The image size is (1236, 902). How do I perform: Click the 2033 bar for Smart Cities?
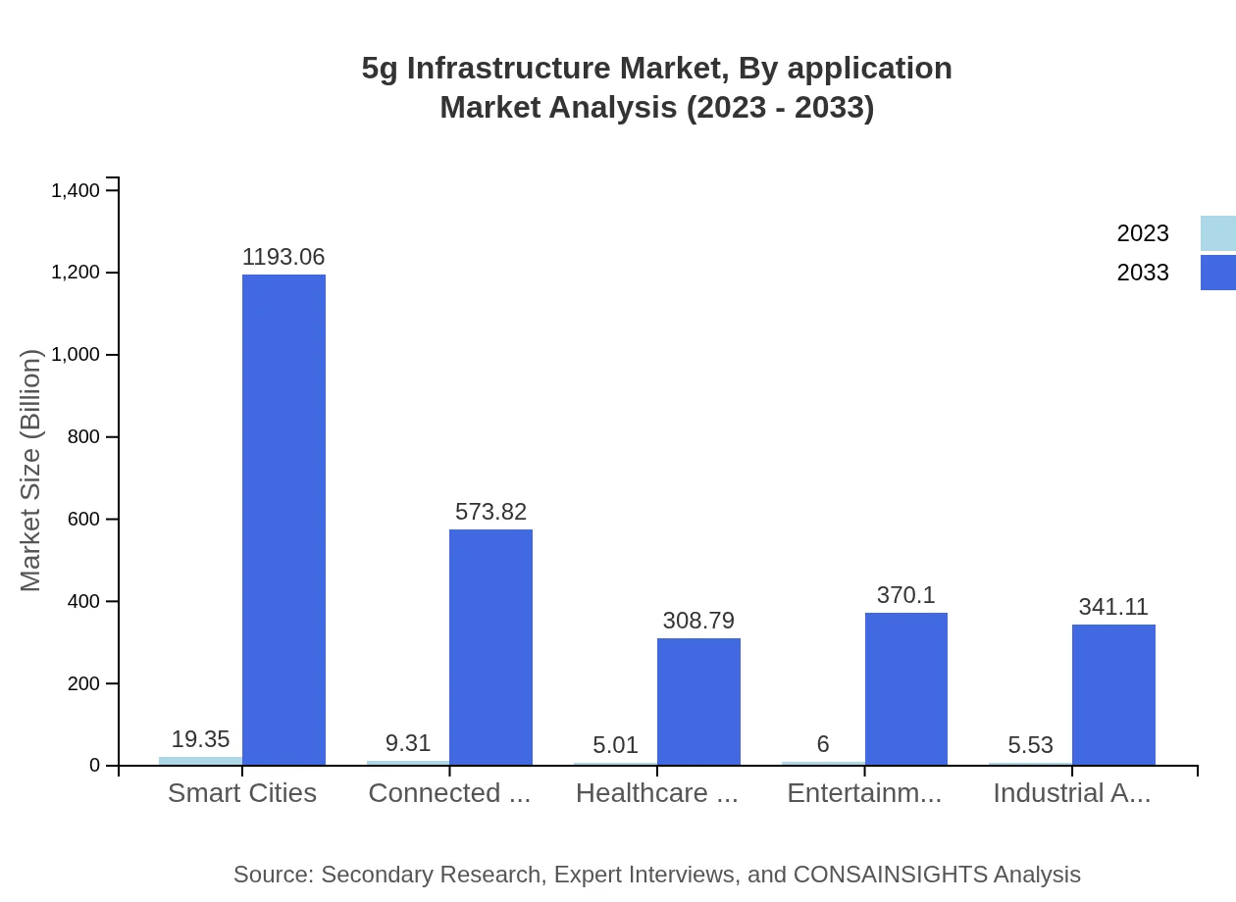click(x=283, y=520)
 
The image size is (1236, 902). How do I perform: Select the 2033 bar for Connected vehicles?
click(x=490, y=647)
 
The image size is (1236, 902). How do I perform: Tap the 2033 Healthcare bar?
click(x=698, y=701)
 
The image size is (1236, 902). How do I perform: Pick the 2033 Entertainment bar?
click(x=906, y=688)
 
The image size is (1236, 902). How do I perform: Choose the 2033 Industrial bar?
click(x=1113, y=694)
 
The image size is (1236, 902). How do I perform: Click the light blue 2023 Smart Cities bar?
click(x=200, y=761)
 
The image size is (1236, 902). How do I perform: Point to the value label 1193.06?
click(x=283, y=257)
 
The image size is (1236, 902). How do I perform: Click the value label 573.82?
click(x=490, y=512)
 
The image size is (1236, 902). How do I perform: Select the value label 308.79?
click(x=698, y=621)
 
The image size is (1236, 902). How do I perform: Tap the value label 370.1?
click(x=906, y=595)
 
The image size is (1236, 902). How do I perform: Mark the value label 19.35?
click(x=200, y=739)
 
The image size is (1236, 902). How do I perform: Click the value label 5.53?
click(x=1030, y=745)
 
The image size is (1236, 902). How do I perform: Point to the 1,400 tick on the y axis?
click(x=76, y=190)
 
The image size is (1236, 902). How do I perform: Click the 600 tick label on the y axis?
click(x=84, y=519)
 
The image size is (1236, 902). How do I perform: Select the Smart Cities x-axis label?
click(x=242, y=793)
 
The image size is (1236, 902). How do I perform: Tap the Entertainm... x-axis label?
click(x=864, y=793)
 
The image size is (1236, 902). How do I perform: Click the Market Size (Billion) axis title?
click(x=31, y=471)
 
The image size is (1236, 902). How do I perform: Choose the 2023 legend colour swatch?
click(x=1217, y=233)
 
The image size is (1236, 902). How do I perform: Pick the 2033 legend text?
click(x=1143, y=273)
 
